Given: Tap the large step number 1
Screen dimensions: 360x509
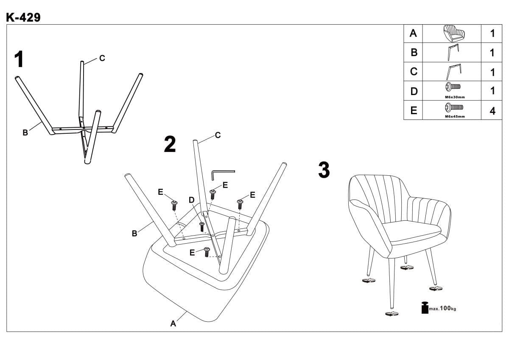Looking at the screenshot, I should tap(19, 60).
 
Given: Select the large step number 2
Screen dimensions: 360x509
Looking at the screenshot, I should tap(170, 144).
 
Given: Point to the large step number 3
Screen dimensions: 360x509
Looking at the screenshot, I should tap(324, 170).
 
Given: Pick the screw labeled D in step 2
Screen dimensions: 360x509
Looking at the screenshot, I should tap(202, 225).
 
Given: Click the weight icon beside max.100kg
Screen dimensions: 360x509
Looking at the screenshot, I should tap(425, 308).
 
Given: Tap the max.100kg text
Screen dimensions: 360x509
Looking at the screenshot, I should tap(442, 308).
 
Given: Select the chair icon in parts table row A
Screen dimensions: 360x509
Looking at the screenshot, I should tap(453, 33).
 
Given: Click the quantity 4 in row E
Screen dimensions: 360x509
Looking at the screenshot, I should tap(492, 111).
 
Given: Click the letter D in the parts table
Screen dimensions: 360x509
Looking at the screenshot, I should tap(414, 91).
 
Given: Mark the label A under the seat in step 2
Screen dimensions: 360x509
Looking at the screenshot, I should tap(173, 323).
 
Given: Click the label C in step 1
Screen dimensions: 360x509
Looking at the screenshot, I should tap(102, 58).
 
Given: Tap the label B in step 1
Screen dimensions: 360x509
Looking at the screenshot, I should tap(25, 132).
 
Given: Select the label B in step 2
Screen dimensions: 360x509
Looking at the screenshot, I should tap(134, 233).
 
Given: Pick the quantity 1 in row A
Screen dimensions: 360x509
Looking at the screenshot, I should tap(492, 34).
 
